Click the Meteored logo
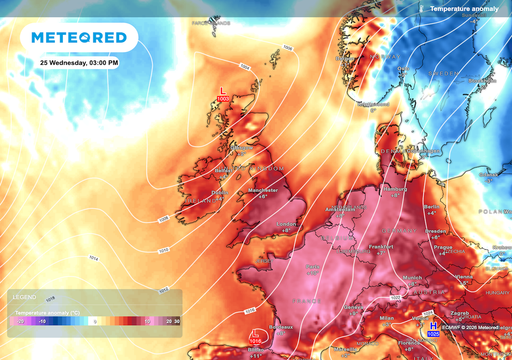click(x=79, y=38)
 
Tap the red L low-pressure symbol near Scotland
click(x=222, y=91)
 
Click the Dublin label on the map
click(x=220, y=192)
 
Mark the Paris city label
click(x=312, y=266)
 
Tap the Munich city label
click(x=413, y=283)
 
